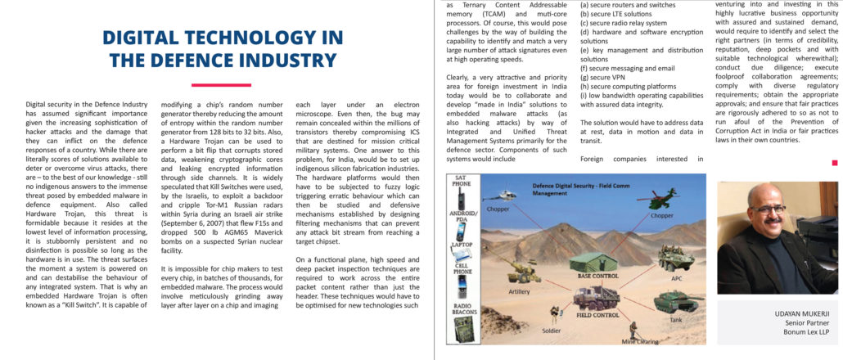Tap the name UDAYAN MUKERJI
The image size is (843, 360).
click(803, 313)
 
